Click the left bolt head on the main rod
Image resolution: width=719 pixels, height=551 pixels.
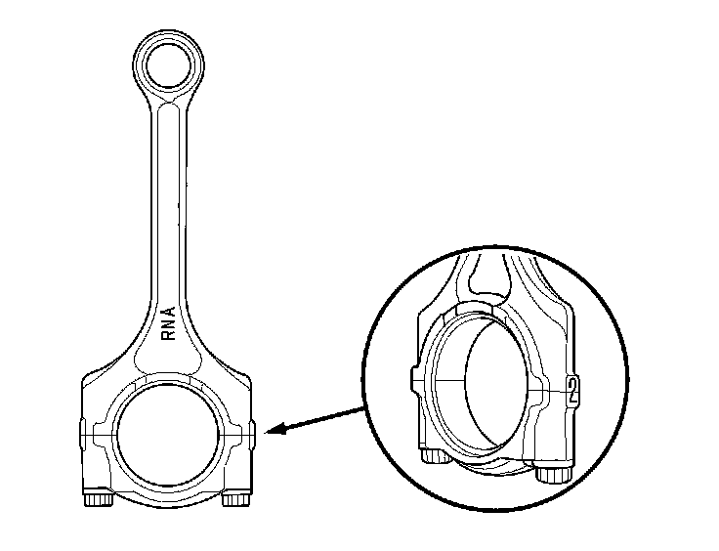pos(98,500)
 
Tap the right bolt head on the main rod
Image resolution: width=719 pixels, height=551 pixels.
pos(234,500)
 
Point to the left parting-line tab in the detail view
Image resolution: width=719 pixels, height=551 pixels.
pos(415,377)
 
